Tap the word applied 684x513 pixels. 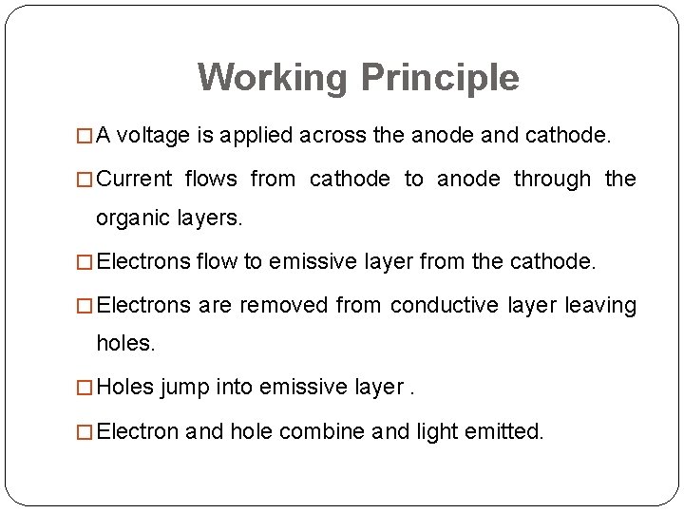pyautogui.click(x=256, y=136)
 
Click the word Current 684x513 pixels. pyautogui.click(x=135, y=179)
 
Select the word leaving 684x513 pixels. pyautogui.click(x=600, y=305)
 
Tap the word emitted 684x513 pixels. pyautogui.click(x=504, y=432)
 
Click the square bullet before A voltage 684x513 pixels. pyautogui.click(x=87, y=137)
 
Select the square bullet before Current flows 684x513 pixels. pyautogui.click(x=87, y=180)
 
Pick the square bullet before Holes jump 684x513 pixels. pyautogui.click(x=87, y=388)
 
